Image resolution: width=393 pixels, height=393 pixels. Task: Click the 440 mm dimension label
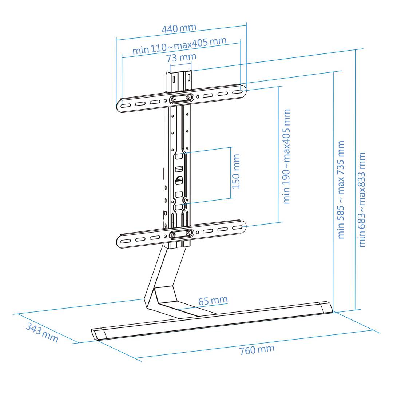pyautogui.click(x=179, y=28)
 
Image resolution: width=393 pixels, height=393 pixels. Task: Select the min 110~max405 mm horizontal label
pyautogui.click(x=179, y=45)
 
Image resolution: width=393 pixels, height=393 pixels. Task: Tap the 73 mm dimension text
pyautogui.click(x=181, y=57)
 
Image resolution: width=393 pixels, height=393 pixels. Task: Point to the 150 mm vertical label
pyautogui.click(x=236, y=171)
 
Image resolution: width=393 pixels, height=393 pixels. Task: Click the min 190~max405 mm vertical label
pyautogui.click(x=287, y=156)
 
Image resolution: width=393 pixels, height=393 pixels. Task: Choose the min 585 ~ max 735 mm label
pyautogui.click(x=341, y=190)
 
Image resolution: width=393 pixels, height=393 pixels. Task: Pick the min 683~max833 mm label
pyautogui.click(x=362, y=200)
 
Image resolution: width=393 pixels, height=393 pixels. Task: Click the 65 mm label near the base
pyautogui.click(x=213, y=301)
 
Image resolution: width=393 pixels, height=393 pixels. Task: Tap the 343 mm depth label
pyautogui.click(x=42, y=332)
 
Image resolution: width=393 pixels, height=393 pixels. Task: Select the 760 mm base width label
pyautogui.click(x=257, y=350)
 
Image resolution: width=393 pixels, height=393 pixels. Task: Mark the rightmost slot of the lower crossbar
pyautogui.click(x=237, y=227)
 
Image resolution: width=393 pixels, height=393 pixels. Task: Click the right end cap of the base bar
pyautogui.click(x=326, y=307)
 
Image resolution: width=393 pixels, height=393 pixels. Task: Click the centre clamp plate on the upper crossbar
pyautogui.click(x=181, y=99)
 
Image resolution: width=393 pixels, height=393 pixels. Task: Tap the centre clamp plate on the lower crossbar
pyautogui.click(x=181, y=234)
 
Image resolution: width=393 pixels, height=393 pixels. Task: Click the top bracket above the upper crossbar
pyautogui.click(x=179, y=80)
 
